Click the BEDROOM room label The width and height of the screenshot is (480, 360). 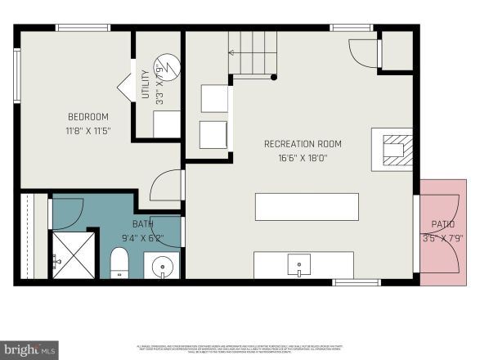[x=87, y=117]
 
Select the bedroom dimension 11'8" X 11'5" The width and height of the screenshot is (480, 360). [x=87, y=131]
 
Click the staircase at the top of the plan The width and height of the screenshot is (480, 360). [x=253, y=53]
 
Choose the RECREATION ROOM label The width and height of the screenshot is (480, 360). [x=303, y=144]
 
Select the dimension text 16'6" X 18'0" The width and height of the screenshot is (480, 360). [x=303, y=158]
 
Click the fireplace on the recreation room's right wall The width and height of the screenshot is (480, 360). [x=393, y=150]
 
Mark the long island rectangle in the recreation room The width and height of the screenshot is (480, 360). [x=307, y=206]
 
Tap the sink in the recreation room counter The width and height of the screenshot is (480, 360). [x=299, y=265]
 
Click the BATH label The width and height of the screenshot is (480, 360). [x=142, y=224]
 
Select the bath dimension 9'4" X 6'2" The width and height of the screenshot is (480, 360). [x=142, y=239]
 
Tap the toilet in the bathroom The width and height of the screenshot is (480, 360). [x=119, y=262]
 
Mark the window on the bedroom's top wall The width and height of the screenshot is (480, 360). [x=83, y=27]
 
